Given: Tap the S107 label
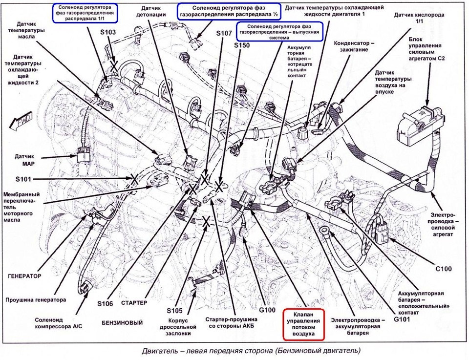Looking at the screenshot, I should click(226, 33).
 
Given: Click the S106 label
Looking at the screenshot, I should click(105, 304).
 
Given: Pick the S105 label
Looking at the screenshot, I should click(174, 310).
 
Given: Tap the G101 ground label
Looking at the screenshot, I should click(402, 319).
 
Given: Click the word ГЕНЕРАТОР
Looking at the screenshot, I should click(23, 275).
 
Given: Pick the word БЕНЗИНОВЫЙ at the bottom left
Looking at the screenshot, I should click(123, 323).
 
